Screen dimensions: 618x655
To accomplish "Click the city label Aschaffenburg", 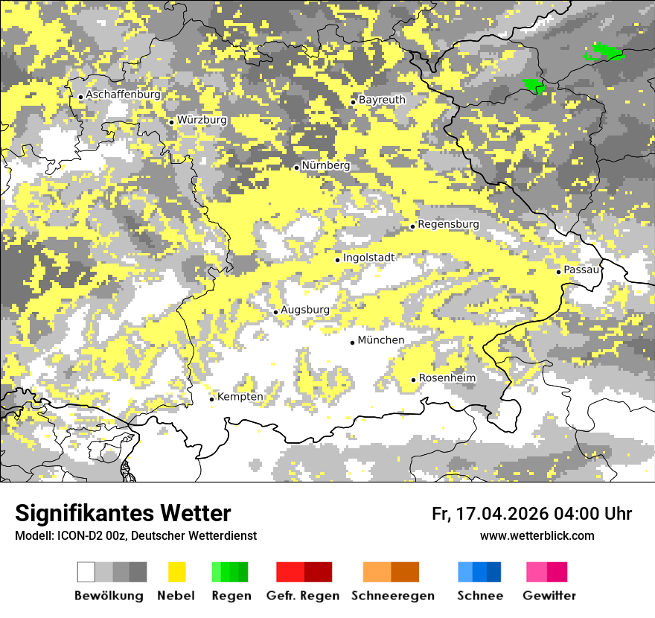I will click(123, 95).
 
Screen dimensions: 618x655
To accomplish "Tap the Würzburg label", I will click(202, 120).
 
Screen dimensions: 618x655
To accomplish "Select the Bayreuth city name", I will click(382, 100).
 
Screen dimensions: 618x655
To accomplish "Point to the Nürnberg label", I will click(325, 165).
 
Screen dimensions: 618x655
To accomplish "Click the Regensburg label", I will click(448, 224).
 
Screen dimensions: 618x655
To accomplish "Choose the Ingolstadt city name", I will click(368, 258).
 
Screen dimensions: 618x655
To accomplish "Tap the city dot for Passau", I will click(558, 272).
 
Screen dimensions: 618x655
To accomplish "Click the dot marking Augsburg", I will click(275, 312).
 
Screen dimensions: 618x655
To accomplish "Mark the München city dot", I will click(353, 343).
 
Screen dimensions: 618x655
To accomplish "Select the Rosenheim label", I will click(447, 378).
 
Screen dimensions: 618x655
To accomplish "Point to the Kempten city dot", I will click(211, 399).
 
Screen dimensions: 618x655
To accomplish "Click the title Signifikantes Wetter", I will click(123, 514).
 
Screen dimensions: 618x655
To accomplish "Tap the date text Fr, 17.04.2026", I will click(490, 514).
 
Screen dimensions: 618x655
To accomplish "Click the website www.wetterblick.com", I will click(537, 535).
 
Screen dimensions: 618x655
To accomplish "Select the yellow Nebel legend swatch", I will click(176, 572).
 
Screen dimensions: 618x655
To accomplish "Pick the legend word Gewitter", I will click(549, 596).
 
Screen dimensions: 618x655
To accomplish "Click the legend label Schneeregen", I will click(392, 596).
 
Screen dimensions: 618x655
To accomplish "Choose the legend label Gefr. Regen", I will click(303, 596).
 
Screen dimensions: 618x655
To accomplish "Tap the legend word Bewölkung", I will click(109, 596).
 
